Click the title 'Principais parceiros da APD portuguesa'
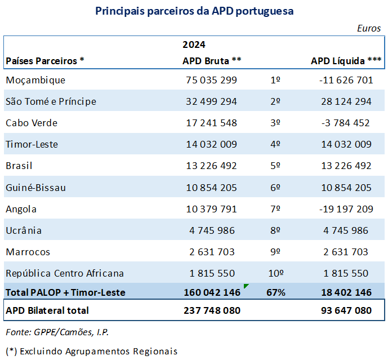pos(194,11)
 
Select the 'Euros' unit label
pos(369,28)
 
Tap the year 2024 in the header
pos(194,45)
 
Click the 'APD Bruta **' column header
pos(212,61)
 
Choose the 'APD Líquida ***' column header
pos(346,61)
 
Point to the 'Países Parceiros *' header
pos(45,61)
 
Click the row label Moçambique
pos(35,80)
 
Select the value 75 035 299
pos(212,80)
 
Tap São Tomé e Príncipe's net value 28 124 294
pos(345,101)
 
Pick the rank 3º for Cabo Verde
pos(275,123)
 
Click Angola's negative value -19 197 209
pos(345,209)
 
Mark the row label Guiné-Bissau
pos(35,188)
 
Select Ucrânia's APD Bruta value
pos(212,230)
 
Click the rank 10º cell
pos(275,273)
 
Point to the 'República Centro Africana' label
pos(65,273)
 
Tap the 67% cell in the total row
pos(275,292)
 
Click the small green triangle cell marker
pos(246,286)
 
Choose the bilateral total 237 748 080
pos(212,310)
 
